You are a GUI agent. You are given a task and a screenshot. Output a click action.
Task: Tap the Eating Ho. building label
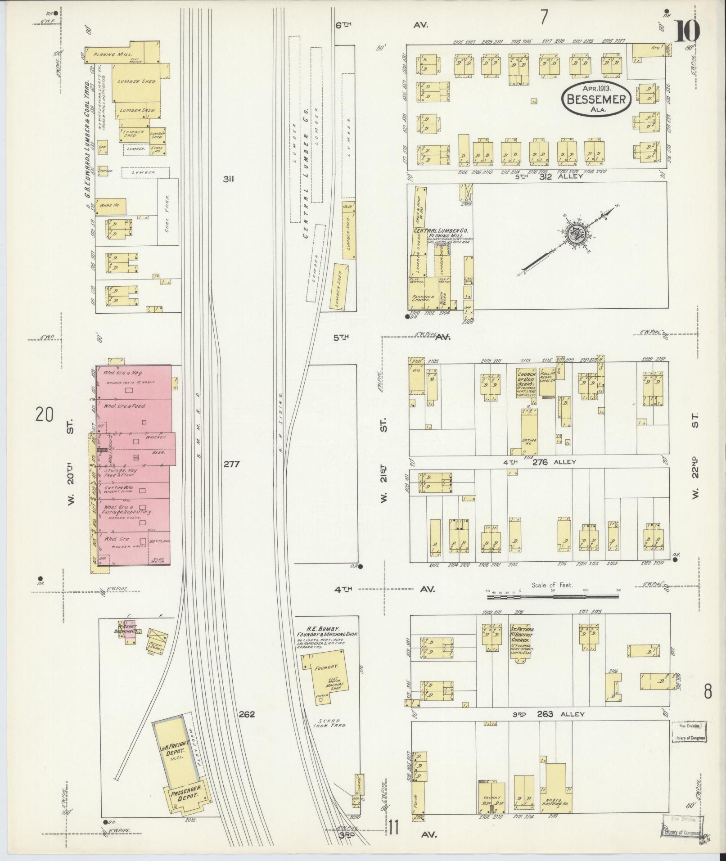click(x=525, y=442)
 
